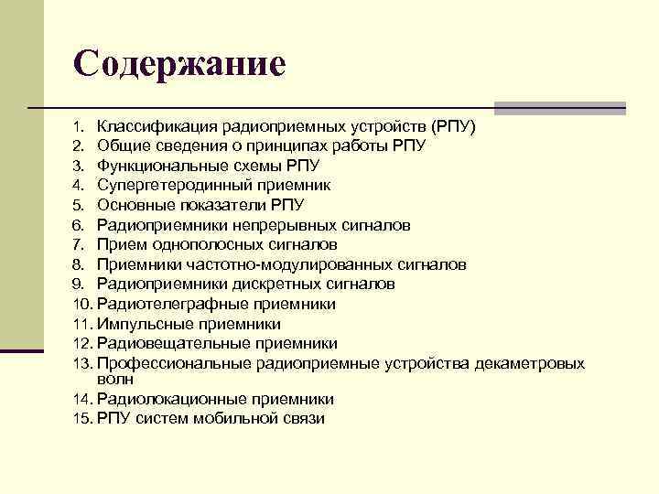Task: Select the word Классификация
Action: point(149,125)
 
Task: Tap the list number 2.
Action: point(80,145)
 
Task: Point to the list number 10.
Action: point(82,305)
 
